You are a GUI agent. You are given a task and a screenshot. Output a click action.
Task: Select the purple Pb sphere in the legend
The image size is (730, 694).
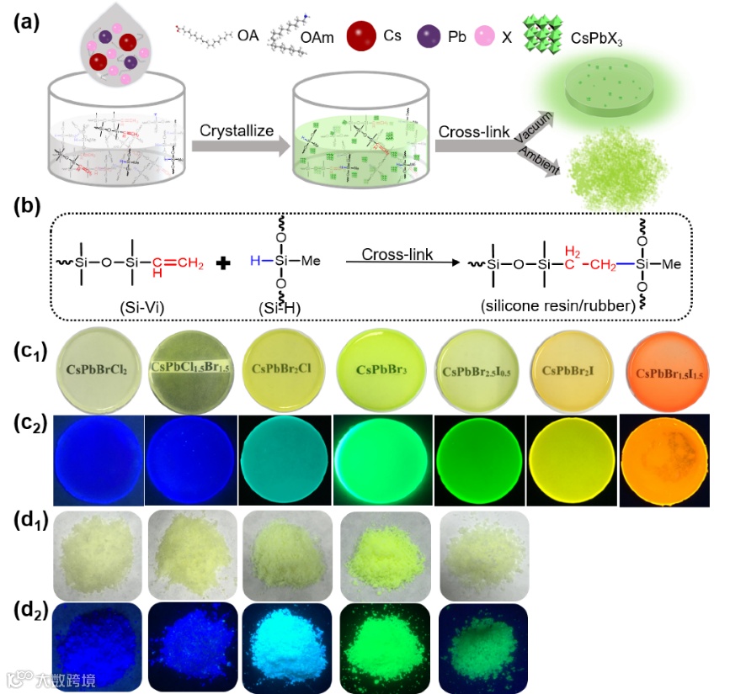[430, 37]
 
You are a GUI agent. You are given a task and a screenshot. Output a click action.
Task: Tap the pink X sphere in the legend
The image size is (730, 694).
[484, 37]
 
